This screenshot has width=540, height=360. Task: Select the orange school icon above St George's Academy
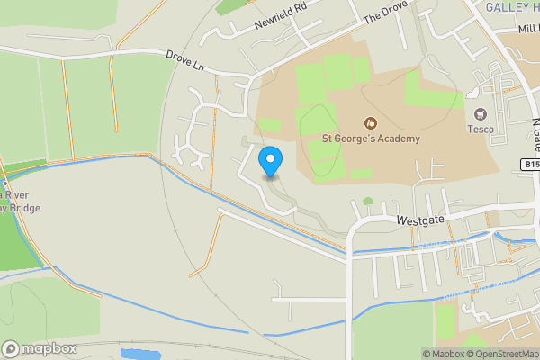[369, 122]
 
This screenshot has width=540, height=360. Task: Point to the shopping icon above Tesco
[480, 113]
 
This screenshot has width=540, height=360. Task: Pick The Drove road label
[385, 12]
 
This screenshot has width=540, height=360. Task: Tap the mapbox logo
[40, 348]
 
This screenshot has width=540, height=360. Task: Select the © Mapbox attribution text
[443, 354]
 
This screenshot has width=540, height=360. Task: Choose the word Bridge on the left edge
[20, 207]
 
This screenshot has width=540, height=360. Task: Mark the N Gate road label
[535, 130]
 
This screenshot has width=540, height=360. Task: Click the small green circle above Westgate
[367, 201]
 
